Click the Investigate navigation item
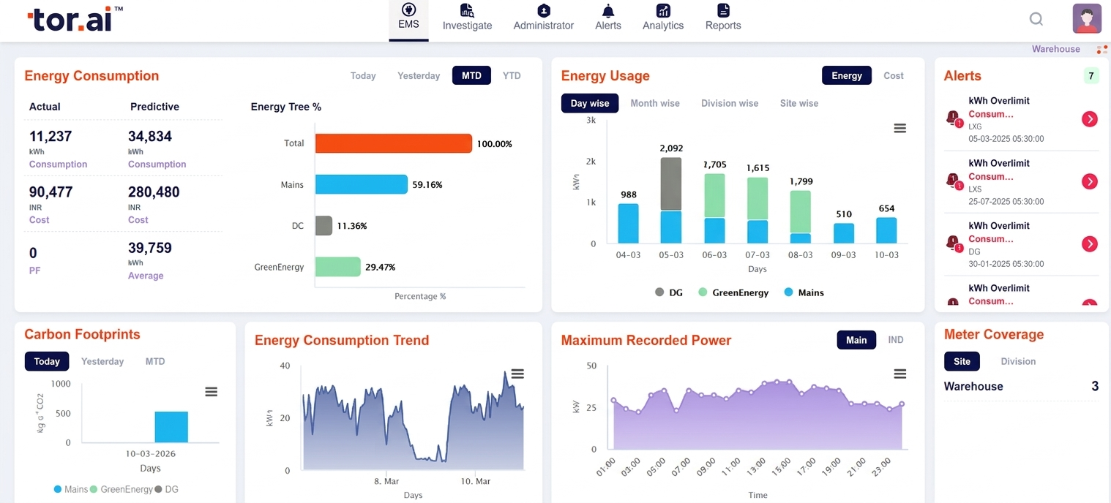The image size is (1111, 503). pos(467,18)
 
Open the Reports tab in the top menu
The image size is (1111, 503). pos(722,18)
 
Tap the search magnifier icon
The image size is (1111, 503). pos(1036,19)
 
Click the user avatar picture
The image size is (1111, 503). pos(1087,19)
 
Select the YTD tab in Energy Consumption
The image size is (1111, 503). pos(512,75)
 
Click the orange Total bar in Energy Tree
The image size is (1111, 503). pos(393,143)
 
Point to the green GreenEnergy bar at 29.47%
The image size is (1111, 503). pos(337,267)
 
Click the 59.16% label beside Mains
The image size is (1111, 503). pos(427,185)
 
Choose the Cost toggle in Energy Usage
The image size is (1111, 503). pos(893,75)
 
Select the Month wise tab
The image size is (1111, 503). pos(655,103)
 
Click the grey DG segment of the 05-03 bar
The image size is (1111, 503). pos(671,184)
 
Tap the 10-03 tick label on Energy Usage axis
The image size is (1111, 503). pos(886,255)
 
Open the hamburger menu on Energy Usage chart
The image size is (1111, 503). pos(899,129)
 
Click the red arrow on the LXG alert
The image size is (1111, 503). pos(1089,119)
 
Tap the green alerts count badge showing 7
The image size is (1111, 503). pos(1091,76)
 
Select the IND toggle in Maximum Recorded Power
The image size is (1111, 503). pos(895,340)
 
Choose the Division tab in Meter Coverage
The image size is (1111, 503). pos(1017,361)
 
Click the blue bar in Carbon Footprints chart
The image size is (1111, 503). pos(171,427)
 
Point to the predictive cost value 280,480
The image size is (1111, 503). pos(154,192)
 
